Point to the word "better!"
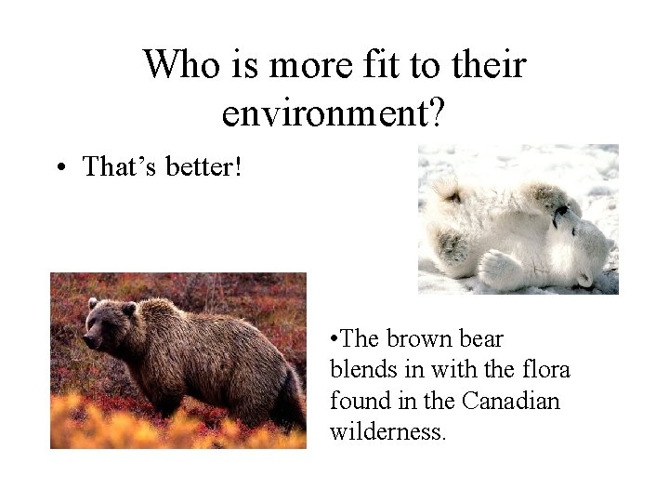[x=204, y=166]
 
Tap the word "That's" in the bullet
[x=120, y=166]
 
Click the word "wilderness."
[x=388, y=432]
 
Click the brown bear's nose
[x=85, y=340]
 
